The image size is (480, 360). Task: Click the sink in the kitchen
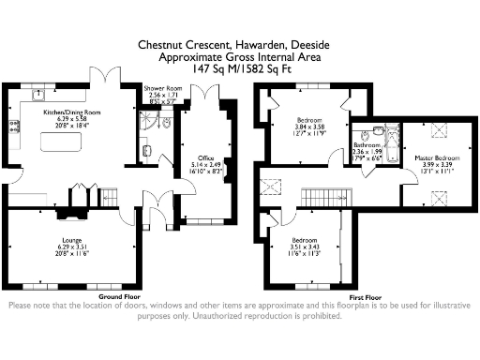(x=38, y=93)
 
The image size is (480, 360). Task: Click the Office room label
(x=206, y=158)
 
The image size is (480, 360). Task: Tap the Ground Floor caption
(x=119, y=296)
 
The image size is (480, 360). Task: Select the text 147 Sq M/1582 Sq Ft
(x=239, y=68)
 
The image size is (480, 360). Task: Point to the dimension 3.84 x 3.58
(x=310, y=128)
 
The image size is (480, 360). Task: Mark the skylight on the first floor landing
(x=272, y=186)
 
